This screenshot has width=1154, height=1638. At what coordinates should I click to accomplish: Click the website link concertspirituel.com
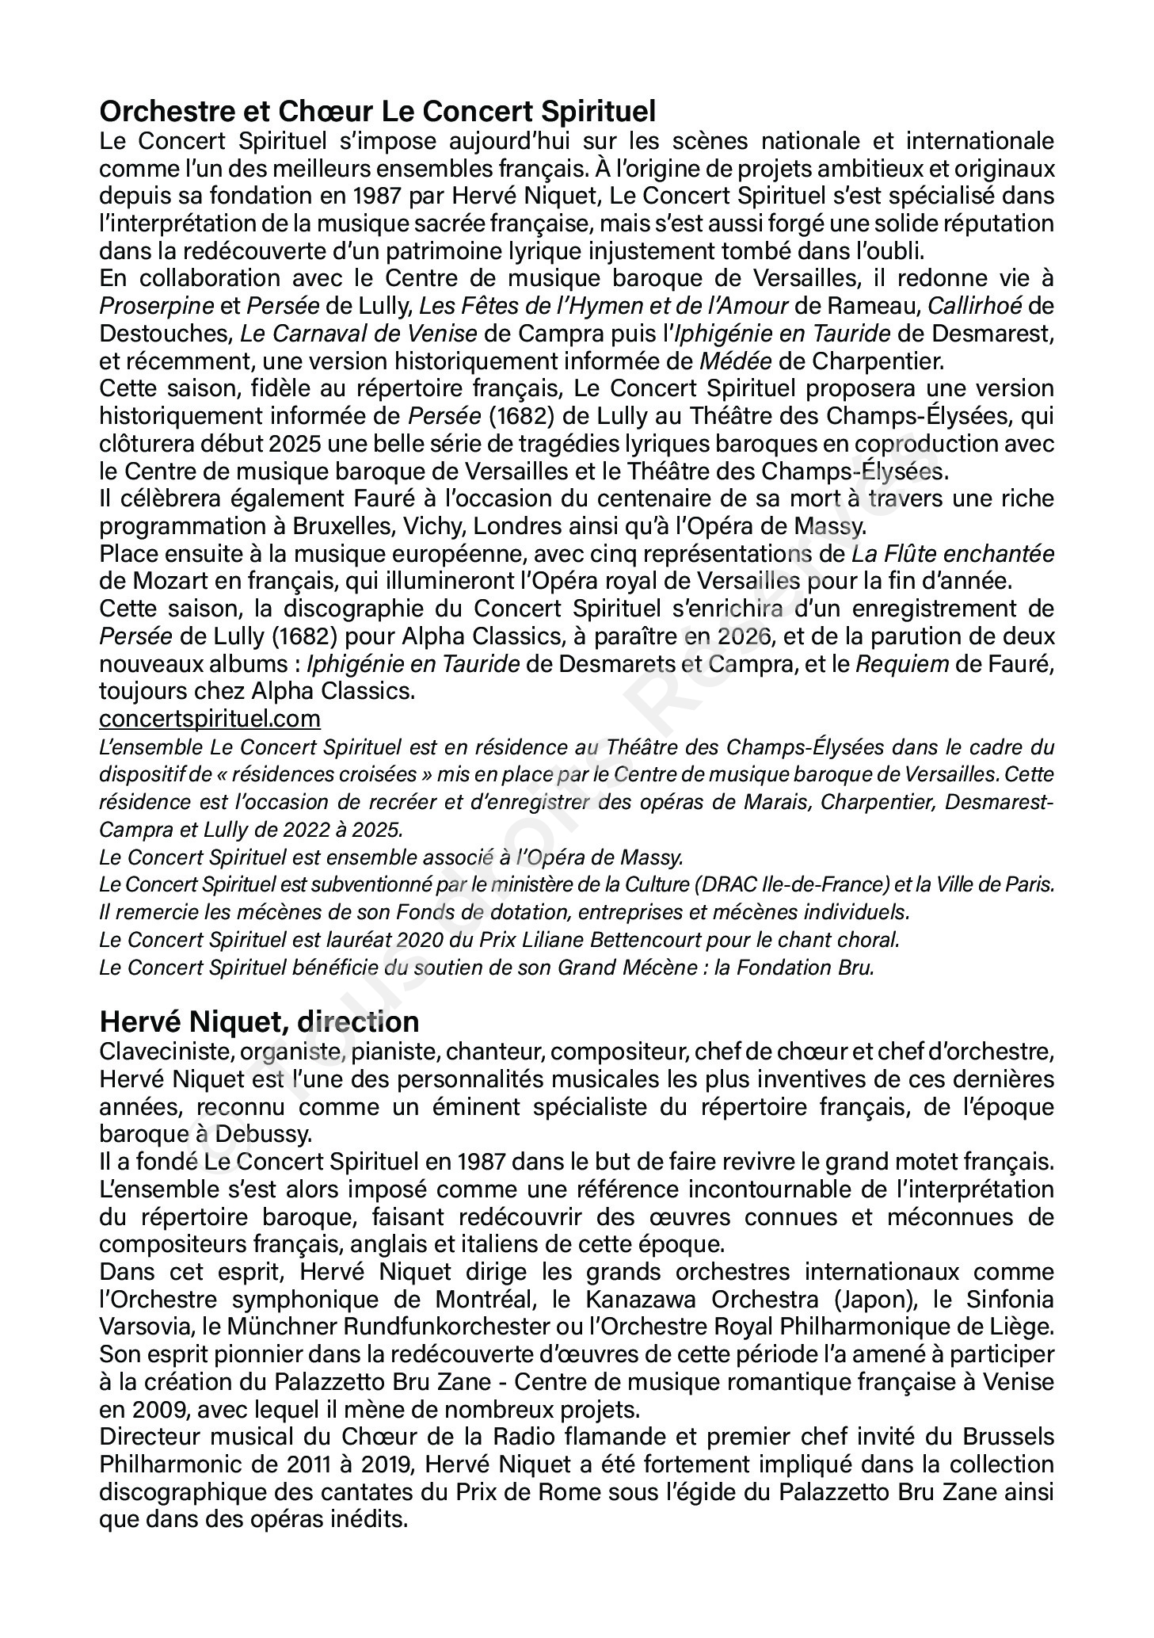(x=210, y=719)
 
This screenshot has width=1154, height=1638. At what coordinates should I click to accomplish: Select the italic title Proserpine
(x=157, y=306)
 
